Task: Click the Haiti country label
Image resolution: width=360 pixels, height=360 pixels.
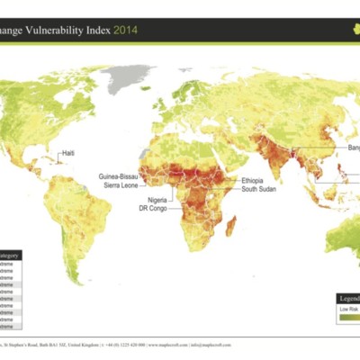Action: [67, 153]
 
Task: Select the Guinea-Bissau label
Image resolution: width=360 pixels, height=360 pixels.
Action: [119, 177]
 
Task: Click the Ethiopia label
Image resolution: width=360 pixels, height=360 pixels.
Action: [254, 181]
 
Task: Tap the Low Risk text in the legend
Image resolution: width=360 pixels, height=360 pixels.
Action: [348, 309]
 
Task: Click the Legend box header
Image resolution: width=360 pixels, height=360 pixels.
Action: [349, 297]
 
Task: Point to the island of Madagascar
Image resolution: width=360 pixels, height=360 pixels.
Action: [230, 222]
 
